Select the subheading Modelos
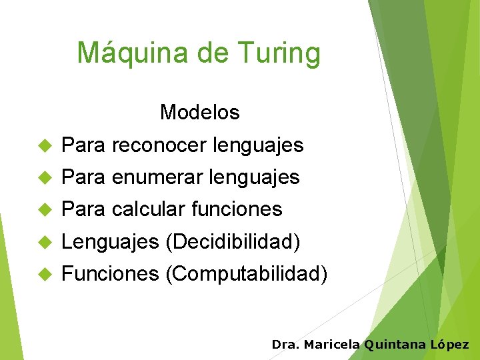point(199,113)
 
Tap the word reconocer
point(159,145)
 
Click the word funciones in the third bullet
point(237,209)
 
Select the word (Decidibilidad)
point(233,241)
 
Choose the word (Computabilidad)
point(246,273)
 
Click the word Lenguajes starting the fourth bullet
point(110,241)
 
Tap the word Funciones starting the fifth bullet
point(110,273)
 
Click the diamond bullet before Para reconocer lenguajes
point(45,145)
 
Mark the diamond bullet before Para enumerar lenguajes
point(45,177)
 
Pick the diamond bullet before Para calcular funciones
point(45,209)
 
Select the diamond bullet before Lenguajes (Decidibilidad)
point(45,241)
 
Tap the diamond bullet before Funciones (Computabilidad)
point(45,273)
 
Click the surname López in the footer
point(449,345)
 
